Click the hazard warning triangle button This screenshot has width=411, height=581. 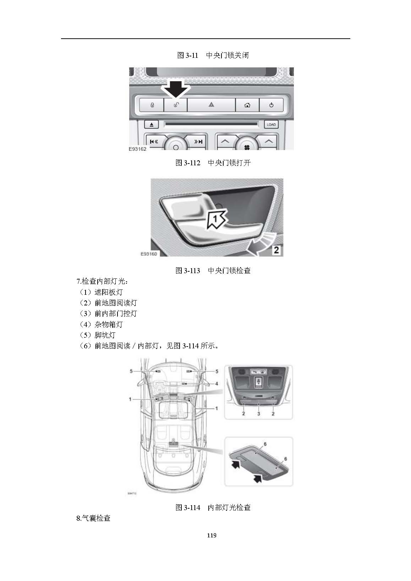[211, 105]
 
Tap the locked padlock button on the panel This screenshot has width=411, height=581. [152, 105]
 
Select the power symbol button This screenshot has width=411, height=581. [271, 105]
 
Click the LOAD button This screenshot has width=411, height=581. [271, 124]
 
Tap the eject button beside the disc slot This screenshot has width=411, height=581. [152, 124]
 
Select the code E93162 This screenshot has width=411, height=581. [137, 149]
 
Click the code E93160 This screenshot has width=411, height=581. [148, 254]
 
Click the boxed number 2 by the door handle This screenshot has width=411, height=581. [276, 250]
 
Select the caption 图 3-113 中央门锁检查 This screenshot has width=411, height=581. [213, 271]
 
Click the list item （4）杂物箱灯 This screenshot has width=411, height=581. [101, 324]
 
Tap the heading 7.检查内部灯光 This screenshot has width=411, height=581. [102, 282]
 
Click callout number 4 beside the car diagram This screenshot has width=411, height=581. [217, 384]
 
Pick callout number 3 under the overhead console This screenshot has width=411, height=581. [258, 414]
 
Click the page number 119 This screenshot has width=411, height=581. [212, 535]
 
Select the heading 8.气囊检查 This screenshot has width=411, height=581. [93, 518]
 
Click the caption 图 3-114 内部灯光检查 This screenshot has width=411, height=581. [213, 508]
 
